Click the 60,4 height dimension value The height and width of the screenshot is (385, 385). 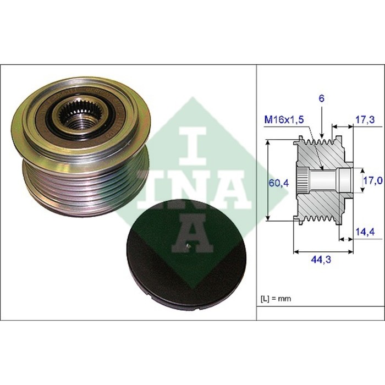[279, 183]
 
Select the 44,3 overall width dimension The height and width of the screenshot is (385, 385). [321, 259]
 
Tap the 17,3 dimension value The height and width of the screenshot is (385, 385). [365, 119]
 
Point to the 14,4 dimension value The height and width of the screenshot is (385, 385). [365, 232]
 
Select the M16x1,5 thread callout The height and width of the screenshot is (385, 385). [284, 119]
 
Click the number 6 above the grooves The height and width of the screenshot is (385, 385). [321, 98]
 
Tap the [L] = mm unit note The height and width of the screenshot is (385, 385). [276, 299]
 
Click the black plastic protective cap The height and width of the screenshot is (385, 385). [186, 254]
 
